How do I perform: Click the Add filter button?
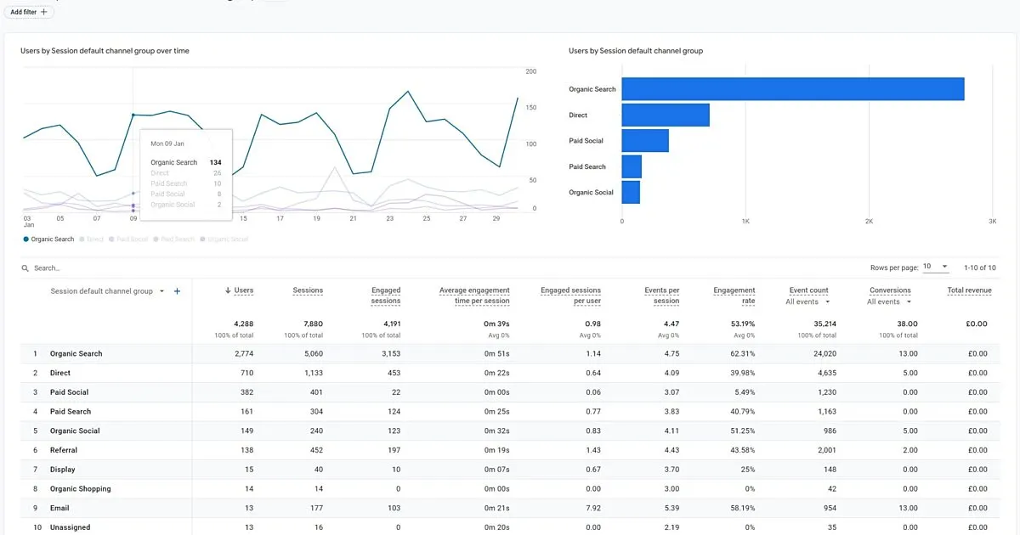click(x=29, y=12)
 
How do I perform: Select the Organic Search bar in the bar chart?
click(x=792, y=89)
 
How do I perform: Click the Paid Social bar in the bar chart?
click(x=645, y=141)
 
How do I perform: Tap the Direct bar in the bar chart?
click(x=665, y=115)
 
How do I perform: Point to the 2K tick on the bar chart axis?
click(x=869, y=222)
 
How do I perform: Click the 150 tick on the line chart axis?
click(x=530, y=108)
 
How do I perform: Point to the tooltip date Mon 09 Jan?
click(x=167, y=144)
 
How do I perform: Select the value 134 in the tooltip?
click(x=215, y=162)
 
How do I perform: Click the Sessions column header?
click(x=308, y=290)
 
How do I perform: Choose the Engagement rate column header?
click(x=734, y=296)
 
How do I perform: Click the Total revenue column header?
click(x=969, y=290)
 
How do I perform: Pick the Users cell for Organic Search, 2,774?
click(x=243, y=353)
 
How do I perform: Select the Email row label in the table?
click(x=59, y=508)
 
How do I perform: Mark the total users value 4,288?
click(x=243, y=324)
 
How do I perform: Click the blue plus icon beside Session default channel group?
click(x=177, y=291)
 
